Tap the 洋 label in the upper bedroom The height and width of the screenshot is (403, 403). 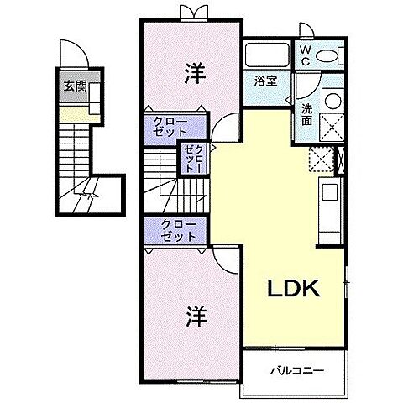(192, 73)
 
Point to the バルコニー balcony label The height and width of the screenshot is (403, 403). (296, 369)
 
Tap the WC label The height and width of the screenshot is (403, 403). (305, 55)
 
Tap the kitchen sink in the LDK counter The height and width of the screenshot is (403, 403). (329, 191)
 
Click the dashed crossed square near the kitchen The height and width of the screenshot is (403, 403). (319, 158)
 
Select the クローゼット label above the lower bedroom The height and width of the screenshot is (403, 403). (174, 230)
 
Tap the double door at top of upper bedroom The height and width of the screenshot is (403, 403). (192, 13)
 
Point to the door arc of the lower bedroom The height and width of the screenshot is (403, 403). (221, 258)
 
